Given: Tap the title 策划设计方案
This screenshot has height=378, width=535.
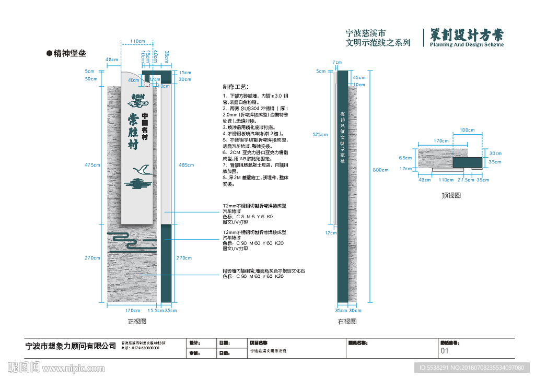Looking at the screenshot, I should pos(467,34).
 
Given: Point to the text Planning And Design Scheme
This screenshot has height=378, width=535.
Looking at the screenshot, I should pos(467,45).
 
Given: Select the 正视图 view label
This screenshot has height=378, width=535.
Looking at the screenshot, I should pos(136,321).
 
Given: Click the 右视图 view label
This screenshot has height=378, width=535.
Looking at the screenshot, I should pos(347,322).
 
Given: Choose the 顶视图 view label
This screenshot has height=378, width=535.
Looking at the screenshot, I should pos(451,195).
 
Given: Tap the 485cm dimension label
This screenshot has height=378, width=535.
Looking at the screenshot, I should pos(185,165).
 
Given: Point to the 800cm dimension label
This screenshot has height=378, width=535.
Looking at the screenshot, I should pos(381,170).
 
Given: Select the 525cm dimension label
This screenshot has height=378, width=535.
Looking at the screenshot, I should pos(320,135).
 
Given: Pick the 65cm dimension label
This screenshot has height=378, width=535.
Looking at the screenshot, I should pos(405,158).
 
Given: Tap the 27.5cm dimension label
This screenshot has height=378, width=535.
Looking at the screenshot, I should pos(466,180).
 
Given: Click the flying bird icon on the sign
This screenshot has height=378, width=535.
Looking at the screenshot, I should pos(143,169).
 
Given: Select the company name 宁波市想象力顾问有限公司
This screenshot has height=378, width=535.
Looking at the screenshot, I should pos(71,346).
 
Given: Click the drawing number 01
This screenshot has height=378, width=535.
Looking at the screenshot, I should pos(445,351).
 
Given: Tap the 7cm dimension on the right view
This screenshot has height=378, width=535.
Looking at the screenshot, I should pos(337,62).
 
